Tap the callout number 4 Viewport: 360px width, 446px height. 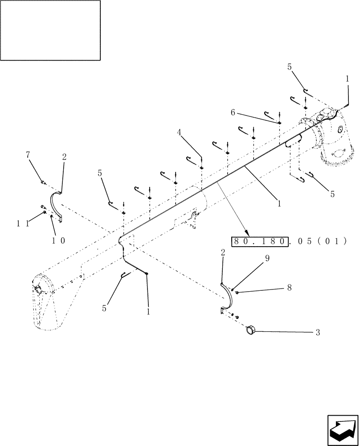pyautogui.click(x=179, y=132)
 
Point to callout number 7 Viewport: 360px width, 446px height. pyautogui.click(x=29, y=154)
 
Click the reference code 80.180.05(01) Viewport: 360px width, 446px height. pyautogui.click(x=289, y=241)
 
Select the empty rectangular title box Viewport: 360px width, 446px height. pyautogui.click(x=50, y=30)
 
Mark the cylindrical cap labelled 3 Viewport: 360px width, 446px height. pyautogui.click(x=251, y=330)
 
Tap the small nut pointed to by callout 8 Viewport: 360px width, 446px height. pyautogui.click(x=237, y=292)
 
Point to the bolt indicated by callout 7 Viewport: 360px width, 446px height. pyautogui.click(x=43, y=182)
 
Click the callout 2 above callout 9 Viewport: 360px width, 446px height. pyautogui.click(x=223, y=252)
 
